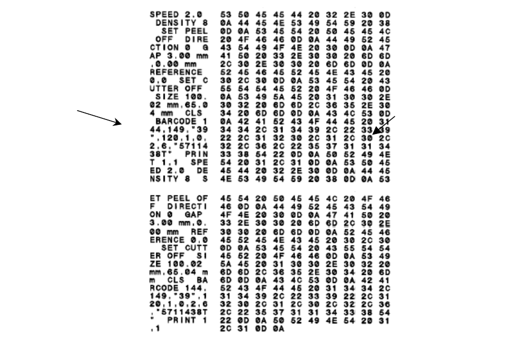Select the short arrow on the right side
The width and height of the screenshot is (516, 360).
[x=385, y=125]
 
